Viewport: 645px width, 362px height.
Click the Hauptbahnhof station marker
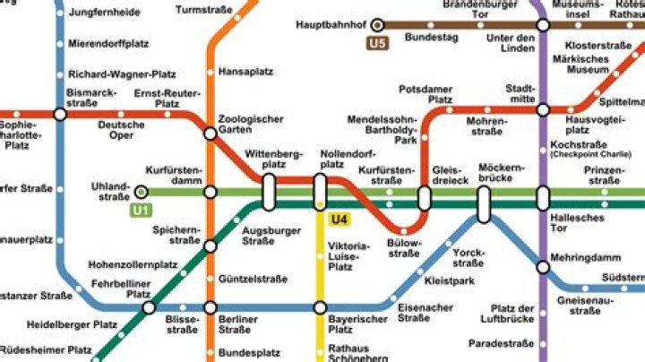pos(378,25)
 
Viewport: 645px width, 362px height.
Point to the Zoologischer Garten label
pos(251,124)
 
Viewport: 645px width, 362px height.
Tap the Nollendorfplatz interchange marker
pos(320,192)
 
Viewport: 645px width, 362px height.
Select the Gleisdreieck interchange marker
pos(425,198)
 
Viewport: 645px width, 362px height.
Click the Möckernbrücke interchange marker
pos(484,203)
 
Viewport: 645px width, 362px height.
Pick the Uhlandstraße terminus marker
pos(142,191)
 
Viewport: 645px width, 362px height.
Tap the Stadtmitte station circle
pos(543,110)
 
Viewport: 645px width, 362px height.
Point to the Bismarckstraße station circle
pos(60,114)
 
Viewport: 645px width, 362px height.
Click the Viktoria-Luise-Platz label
pos(347,256)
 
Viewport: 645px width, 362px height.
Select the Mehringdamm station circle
pos(543,265)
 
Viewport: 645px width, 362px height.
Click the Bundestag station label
pos(431,39)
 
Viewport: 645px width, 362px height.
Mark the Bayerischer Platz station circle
pos(320,307)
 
